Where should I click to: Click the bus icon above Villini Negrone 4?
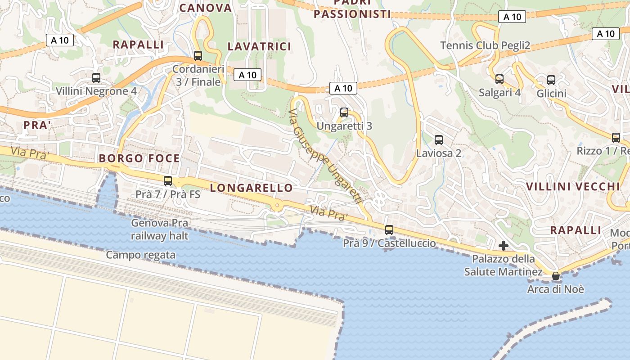point(96,78)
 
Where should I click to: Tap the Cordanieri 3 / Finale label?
point(198,76)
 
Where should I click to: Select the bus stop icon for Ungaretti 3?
point(344,112)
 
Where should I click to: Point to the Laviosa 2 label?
point(439,153)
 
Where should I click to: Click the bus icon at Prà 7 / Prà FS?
point(168,181)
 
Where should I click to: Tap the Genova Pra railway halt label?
point(160,229)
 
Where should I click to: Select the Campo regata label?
point(141,255)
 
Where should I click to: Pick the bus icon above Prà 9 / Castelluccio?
point(389,230)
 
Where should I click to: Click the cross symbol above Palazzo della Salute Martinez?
point(504,246)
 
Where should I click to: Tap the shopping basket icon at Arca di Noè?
point(556,275)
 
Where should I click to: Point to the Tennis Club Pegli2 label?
point(485,45)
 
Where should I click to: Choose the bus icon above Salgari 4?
point(499,79)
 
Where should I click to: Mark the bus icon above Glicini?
point(551,80)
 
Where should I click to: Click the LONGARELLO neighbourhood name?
point(252,188)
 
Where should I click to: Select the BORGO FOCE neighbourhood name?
point(139,158)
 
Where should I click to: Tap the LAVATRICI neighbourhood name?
point(260,46)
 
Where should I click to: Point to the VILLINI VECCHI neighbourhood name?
point(573,187)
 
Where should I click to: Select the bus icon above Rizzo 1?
point(616,138)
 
